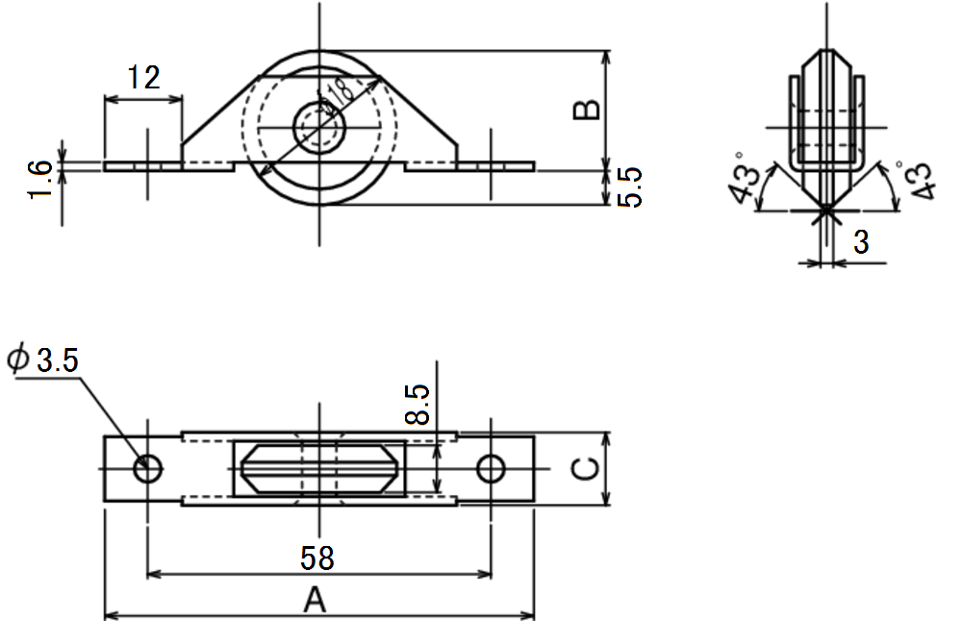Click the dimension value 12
[x=144, y=78]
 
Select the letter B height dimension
[x=587, y=110]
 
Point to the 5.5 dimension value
[x=629, y=187]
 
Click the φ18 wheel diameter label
[x=336, y=97]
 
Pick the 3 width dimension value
[x=861, y=243]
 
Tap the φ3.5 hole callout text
[x=43, y=360]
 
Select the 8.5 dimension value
[x=418, y=405]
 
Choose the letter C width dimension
[x=585, y=469]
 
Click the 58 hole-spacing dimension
[x=317, y=559]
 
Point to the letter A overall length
[x=316, y=600]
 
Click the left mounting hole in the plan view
[x=147, y=469]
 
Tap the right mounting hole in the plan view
[x=491, y=469]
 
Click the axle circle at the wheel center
[x=318, y=128]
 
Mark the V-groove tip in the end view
[x=826, y=211]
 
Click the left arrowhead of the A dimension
[x=111, y=615]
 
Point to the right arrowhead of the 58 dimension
[x=485, y=575]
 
